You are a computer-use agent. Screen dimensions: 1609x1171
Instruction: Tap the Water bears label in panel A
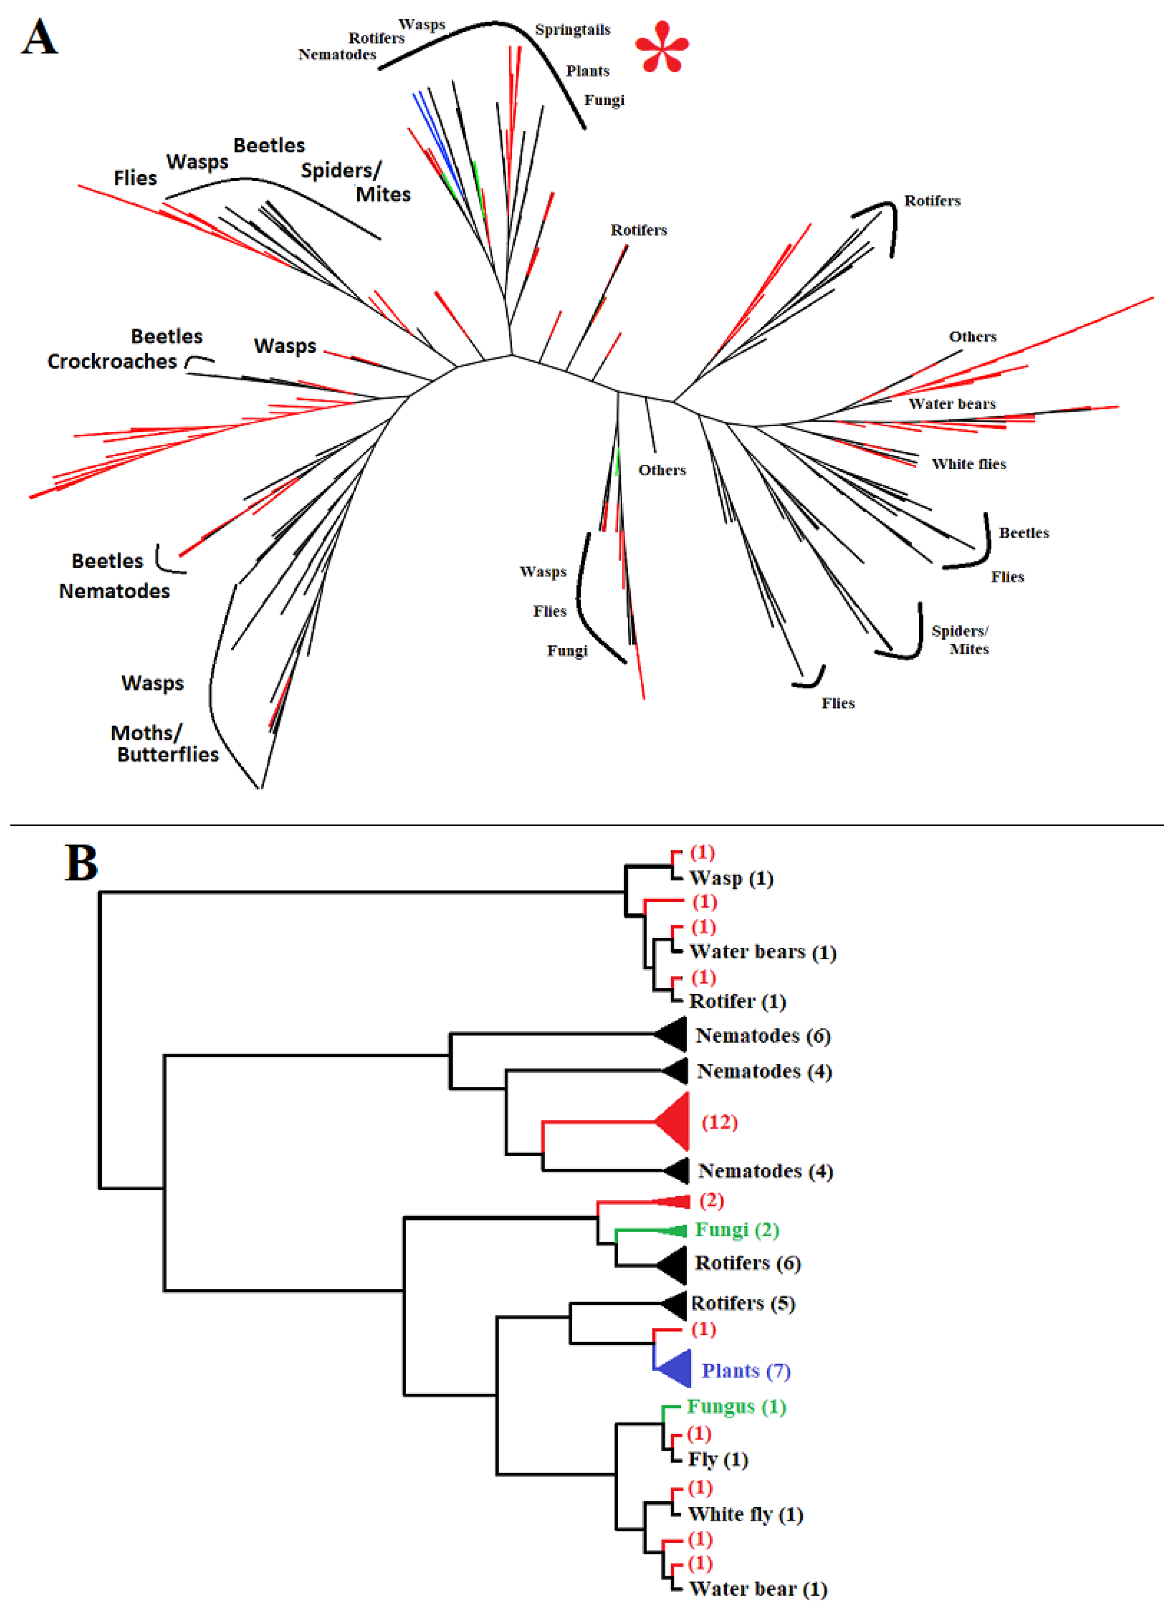click(952, 404)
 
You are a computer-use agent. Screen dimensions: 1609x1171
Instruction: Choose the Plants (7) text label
click(745, 1370)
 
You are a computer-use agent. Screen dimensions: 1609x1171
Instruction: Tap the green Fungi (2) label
click(737, 1229)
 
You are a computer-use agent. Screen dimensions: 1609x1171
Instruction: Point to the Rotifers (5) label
click(742, 1303)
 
